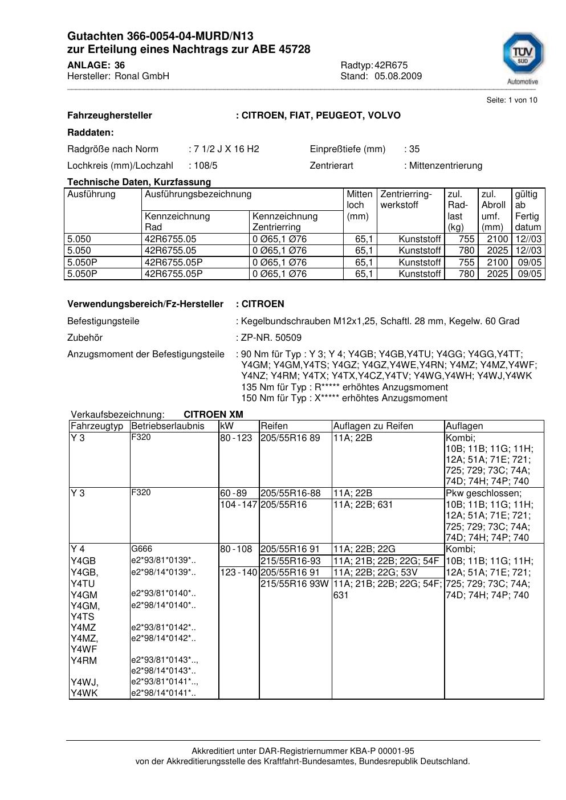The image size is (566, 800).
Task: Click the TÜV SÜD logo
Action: pyautogui.click(x=522, y=56)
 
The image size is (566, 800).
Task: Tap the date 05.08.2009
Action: pyautogui.click(x=398, y=76)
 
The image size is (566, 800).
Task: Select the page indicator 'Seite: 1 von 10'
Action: pyautogui.click(x=511, y=100)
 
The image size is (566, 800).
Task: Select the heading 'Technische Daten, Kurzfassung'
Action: pyautogui.click(x=139, y=182)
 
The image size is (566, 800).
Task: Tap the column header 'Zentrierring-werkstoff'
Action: pyautogui.click(x=406, y=199)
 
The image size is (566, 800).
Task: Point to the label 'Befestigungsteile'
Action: pyautogui.click(x=103, y=321)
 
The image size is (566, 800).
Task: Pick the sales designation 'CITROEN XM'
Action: pyautogui.click(x=213, y=415)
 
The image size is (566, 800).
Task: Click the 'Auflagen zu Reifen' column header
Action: pyautogui.click(x=373, y=426)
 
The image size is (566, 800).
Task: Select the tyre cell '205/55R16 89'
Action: pyautogui.click(x=290, y=438)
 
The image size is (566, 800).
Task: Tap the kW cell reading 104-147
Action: pyautogui.click(x=238, y=505)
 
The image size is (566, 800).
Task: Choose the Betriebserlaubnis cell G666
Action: pyautogui.click(x=141, y=549)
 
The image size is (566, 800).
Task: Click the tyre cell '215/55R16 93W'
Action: pyautogui.click(x=295, y=583)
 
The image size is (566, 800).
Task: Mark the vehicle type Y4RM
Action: pyautogui.click(x=84, y=661)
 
